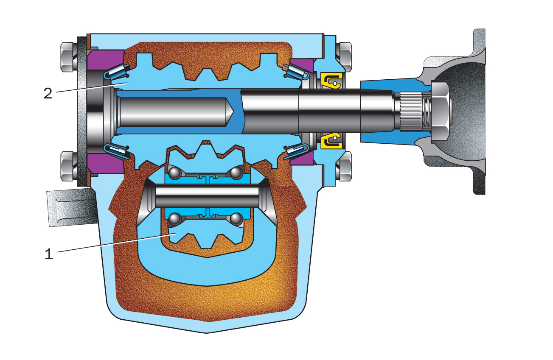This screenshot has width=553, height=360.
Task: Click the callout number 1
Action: point(49,254)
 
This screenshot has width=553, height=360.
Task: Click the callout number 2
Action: point(48,93)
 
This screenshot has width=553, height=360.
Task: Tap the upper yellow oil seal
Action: point(331,81)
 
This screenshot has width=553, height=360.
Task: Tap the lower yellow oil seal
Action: point(331,141)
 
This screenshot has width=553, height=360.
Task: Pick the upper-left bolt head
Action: point(67,57)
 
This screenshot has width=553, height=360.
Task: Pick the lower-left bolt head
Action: point(67,166)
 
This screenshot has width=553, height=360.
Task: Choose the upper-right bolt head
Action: point(345,57)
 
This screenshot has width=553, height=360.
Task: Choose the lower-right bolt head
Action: point(345,166)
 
